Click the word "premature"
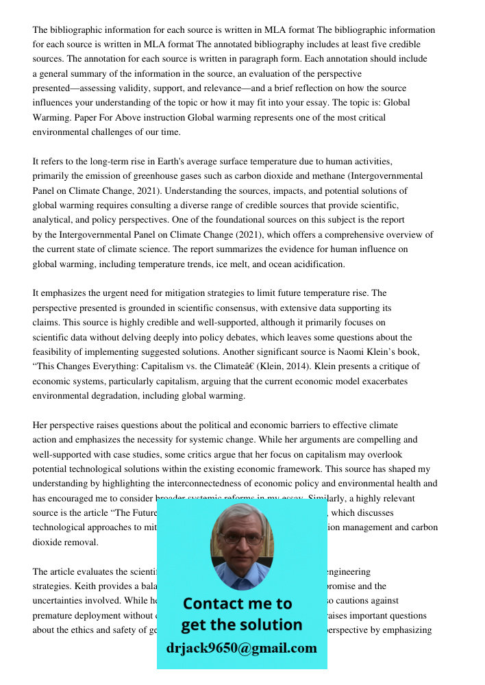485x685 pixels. [54, 614]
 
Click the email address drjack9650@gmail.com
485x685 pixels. [241, 648]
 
